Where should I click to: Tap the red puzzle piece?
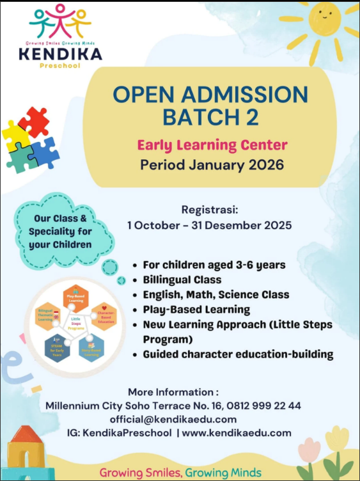coord(33,121)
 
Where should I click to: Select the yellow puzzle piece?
coord(14,136)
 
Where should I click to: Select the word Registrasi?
coord(210,210)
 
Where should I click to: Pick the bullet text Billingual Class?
coord(182,280)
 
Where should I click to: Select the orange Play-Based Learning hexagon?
coord(76,298)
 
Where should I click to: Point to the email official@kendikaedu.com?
coord(173,419)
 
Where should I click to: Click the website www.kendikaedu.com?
coord(237,433)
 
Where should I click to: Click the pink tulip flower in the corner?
coord(309,452)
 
